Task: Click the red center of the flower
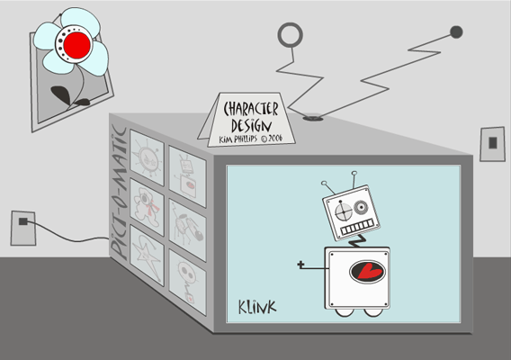click(x=76, y=45)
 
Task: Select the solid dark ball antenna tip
click(x=456, y=32)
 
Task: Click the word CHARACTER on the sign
click(x=251, y=109)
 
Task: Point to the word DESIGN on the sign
click(x=251, y=126)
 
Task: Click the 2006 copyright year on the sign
click(x=275, y=138)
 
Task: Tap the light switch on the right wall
click(x=492, y=143)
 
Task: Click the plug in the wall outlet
click(x=22, y=221)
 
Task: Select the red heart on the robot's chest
click(x=368, y=272)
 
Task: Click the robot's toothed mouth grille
click(x=357, y=228)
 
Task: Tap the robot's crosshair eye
click(x=344, y=211)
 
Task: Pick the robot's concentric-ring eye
click(x=361, y=207)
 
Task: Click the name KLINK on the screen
click(x=257, y=307)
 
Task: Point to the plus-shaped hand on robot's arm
click(x=300, y=265)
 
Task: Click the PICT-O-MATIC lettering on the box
click(x=118, y=193)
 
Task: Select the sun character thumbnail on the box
click(x=147, y=157)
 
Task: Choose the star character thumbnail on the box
click(x=147, y=256)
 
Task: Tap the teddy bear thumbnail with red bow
click(x=147, y=206)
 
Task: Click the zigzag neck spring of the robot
click(x=357, y=240)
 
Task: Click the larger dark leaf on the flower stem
click(x=61, y=94)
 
